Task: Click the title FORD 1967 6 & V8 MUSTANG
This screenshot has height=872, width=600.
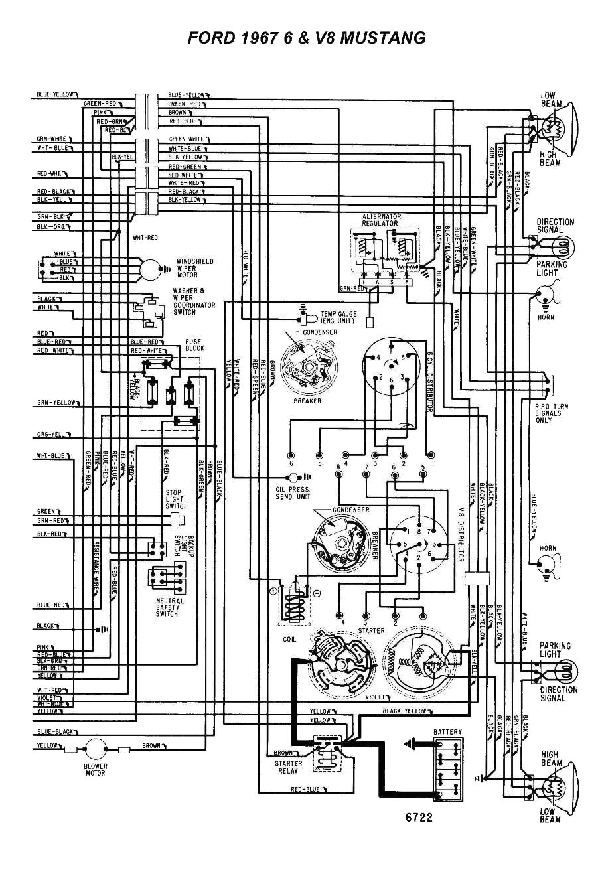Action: coord(307,38)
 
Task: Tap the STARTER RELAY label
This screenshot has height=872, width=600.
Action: coord(289,767)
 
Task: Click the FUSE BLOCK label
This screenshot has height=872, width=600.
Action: coord(194,345)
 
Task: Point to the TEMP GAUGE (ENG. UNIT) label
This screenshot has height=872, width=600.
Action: coord(338,317)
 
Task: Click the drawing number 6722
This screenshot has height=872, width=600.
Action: coord(419,818)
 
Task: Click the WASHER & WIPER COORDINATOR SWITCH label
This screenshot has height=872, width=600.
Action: coord(194,301)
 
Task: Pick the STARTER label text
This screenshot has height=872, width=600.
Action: coord(371,630)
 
